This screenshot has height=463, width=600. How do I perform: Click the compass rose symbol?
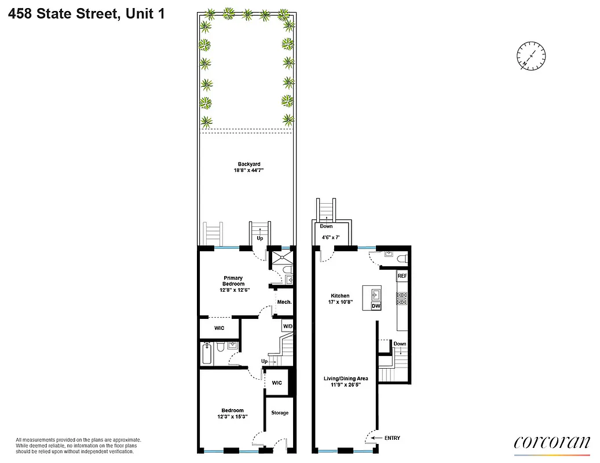(x=531, y=57)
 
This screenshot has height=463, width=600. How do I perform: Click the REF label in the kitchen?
(x=403, y=276)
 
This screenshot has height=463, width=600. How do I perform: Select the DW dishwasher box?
(x=375, y=306)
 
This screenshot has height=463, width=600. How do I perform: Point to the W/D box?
(x=288, y=326)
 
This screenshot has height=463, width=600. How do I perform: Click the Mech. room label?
(x=284, y=302)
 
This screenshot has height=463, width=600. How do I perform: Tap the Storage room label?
(x=280, y=413)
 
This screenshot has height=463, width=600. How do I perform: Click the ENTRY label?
(x=392, y=438)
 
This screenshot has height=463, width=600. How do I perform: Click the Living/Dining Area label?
(x=345, y=379)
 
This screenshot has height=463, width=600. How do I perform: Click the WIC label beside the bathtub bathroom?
(x=219, y=328)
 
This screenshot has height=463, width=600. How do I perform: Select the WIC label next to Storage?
(x=277, y=383)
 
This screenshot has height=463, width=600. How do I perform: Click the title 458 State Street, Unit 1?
(x=86, y=13)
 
